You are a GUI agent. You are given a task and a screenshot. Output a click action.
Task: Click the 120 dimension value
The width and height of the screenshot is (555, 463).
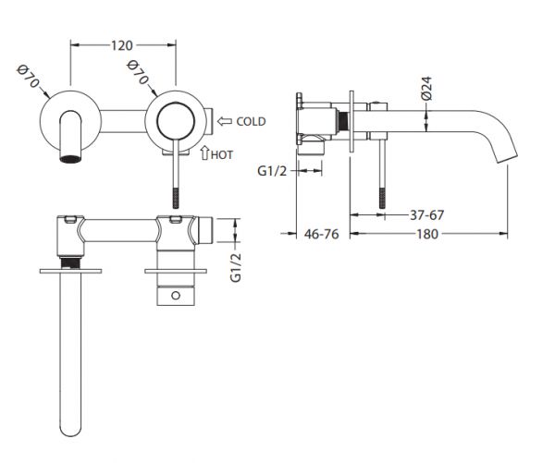pyautogui.click(x=122, y=45)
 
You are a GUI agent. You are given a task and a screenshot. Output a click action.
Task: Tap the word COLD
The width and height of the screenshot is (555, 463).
pyautogui.click(x=251, y=121)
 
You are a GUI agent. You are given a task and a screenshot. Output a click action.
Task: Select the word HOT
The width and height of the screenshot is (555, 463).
pyautogui.click(x=222, y=154)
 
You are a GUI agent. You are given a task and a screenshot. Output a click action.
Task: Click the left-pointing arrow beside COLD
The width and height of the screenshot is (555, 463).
pyautogui.click(x=225, y=121)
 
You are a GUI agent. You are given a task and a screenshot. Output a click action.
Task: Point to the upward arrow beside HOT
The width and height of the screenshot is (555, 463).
pyautogui.click(x=204, y=152)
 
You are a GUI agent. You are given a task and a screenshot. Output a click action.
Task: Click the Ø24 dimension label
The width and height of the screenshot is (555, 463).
pyautogui.click(x=426, y=89)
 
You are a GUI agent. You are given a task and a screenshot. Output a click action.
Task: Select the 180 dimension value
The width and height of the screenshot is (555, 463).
pyautogui.click(x=427, y=234)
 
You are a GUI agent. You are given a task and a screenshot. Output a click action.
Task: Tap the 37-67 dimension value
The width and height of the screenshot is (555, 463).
pyautogui.click(x=426, y=214)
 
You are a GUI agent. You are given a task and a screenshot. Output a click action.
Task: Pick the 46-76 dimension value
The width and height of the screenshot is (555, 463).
pyautogui.click(x=321, y=234)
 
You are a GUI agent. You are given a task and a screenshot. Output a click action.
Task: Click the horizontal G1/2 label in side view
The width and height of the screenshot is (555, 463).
pyautogui.click(x=272, y=171)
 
